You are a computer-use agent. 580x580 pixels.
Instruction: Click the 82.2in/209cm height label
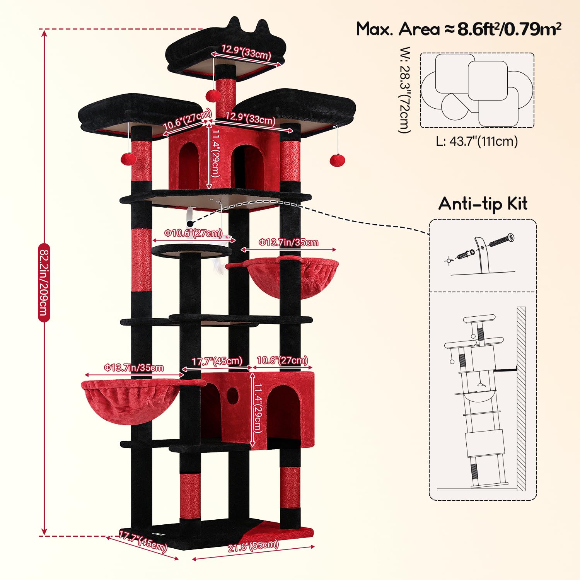[44, 282]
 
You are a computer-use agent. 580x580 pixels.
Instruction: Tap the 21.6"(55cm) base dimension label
[253, 546]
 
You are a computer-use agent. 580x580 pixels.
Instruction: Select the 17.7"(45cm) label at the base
[143, 541]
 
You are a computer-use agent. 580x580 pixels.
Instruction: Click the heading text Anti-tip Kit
[483, 204]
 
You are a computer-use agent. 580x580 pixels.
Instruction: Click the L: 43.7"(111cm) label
[477, 141]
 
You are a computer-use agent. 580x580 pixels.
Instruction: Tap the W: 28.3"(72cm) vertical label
[404, 90]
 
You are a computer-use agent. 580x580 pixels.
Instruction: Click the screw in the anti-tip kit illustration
[502, 240]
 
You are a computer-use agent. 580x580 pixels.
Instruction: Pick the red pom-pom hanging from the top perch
[213, 95]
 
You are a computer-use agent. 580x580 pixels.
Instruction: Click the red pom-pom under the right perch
[337, 160]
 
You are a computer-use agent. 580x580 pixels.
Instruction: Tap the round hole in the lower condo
[232, 394]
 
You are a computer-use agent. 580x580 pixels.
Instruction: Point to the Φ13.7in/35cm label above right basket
[288, 242]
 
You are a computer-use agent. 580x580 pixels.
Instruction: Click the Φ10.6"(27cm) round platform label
[193, 233]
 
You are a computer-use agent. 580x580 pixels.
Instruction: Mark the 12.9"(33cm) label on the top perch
[246, 51]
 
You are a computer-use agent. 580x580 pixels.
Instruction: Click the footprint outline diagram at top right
[477, 90]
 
